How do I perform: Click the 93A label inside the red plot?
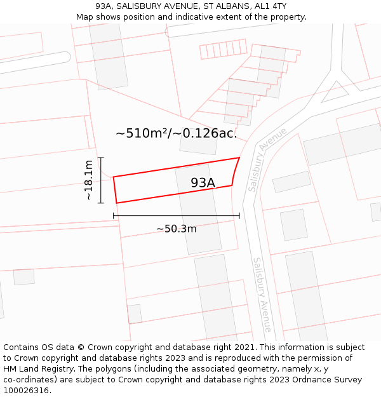[x=203, y=183]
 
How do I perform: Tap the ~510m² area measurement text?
[x=140, y=133]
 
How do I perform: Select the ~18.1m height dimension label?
[x=89, y=180]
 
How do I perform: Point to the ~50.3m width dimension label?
[x=177, y=229]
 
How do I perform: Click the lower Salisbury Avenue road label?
[x=262, y=294]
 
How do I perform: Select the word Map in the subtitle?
[x=85, y=17]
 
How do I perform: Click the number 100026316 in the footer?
[x=27, y=390]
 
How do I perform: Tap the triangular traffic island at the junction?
[x=333, y=93]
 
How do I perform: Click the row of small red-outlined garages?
[x=223, y=49]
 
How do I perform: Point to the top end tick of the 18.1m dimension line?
[x=101, y=158]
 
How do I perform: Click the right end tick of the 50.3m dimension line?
[x=239, y=216]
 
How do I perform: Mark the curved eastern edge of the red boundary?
[x=235, y=172]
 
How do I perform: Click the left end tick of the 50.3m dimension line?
[x=114, y=216]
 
